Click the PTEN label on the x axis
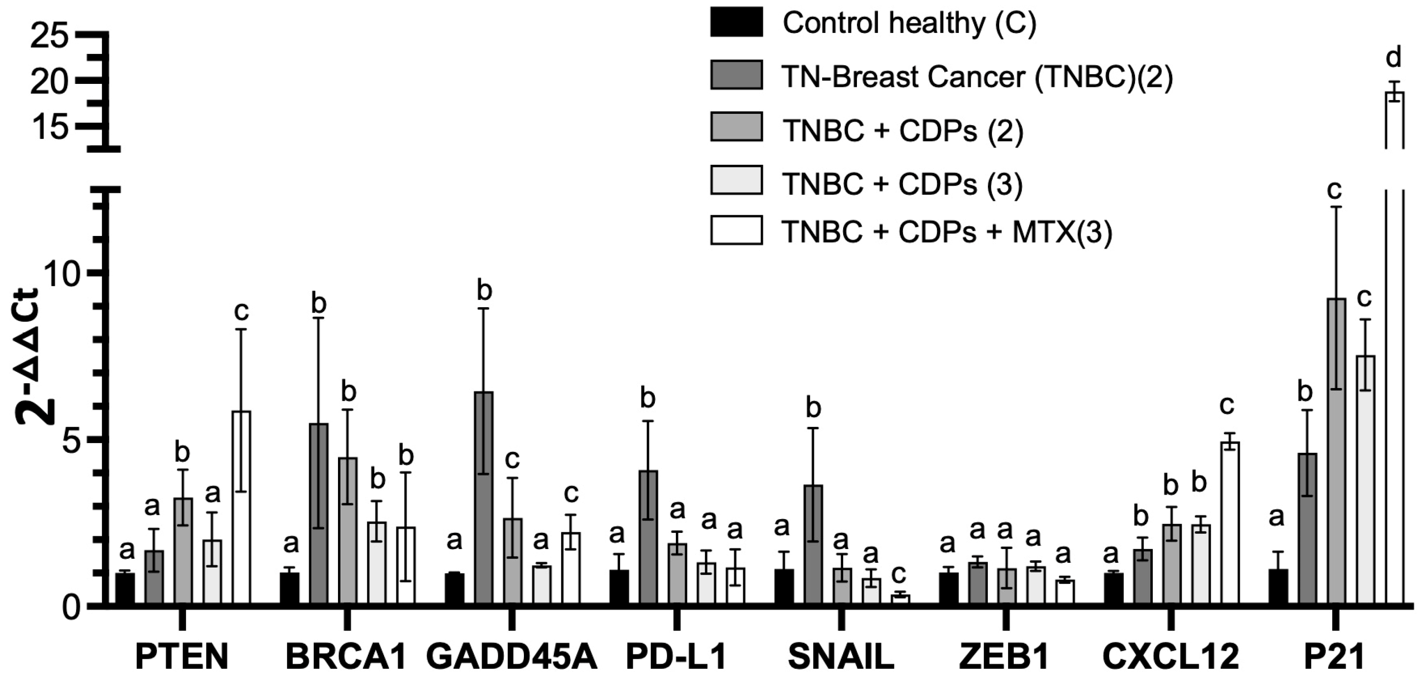tap(181, 657)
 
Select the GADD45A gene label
tap(512, 657)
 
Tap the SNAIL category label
tap(841, 657)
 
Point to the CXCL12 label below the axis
tap(1171, 657)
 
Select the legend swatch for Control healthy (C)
tap(736, 22)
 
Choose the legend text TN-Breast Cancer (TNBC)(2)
tap(977, 77)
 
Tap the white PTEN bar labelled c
tap(241, 508)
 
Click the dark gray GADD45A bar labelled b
tap(484, 498)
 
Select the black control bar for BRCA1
tap(289, 589)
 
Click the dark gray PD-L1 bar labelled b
tap(648, 538)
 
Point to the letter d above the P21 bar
tap(1394, 57)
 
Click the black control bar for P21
tap(1278, 587)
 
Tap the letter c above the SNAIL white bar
tap(899, 575)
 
